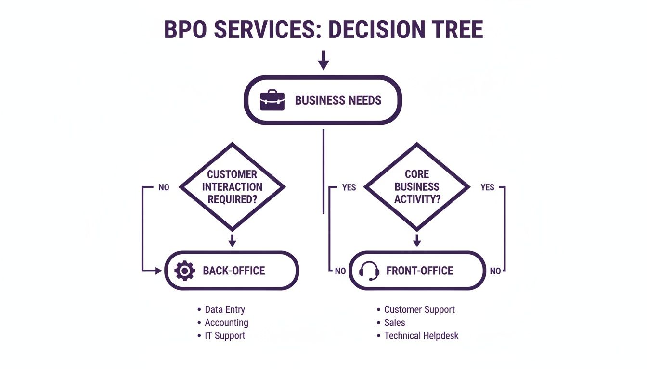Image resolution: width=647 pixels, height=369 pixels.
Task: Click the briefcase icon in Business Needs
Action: (x=272, y=100)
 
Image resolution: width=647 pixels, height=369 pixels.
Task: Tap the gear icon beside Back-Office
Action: (x=184, y=271)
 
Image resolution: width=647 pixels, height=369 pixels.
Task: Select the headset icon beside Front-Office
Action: (x=369, y=271)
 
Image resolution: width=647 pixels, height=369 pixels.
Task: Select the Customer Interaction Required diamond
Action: (x=232, y=186)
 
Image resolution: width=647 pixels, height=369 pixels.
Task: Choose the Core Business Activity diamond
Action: (x=417, y=186)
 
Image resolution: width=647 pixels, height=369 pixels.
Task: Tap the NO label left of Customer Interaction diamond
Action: (x=164, y=187)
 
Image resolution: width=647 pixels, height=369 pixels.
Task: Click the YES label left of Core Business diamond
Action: (x=349, y=187)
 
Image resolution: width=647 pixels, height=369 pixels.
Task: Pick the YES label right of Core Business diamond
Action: (x=487, y=187)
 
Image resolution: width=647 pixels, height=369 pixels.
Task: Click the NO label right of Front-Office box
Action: (x=495, y=271)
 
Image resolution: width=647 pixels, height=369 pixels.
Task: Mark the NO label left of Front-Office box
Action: (x=340, y=271)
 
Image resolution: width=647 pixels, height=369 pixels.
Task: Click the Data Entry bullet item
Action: (x=224, y=310)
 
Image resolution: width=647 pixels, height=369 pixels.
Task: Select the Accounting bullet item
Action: (x=226, y=323)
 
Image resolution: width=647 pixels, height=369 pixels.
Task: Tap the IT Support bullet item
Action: (x=225, y=336)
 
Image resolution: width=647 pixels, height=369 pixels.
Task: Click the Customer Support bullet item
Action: (x=419, y=310)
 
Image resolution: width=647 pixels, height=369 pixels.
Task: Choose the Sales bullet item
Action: (x=394, y=323)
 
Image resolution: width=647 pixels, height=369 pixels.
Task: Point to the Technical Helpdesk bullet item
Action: (x=421, y=336)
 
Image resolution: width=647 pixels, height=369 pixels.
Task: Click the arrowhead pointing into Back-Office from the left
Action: (x=159, y=271)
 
